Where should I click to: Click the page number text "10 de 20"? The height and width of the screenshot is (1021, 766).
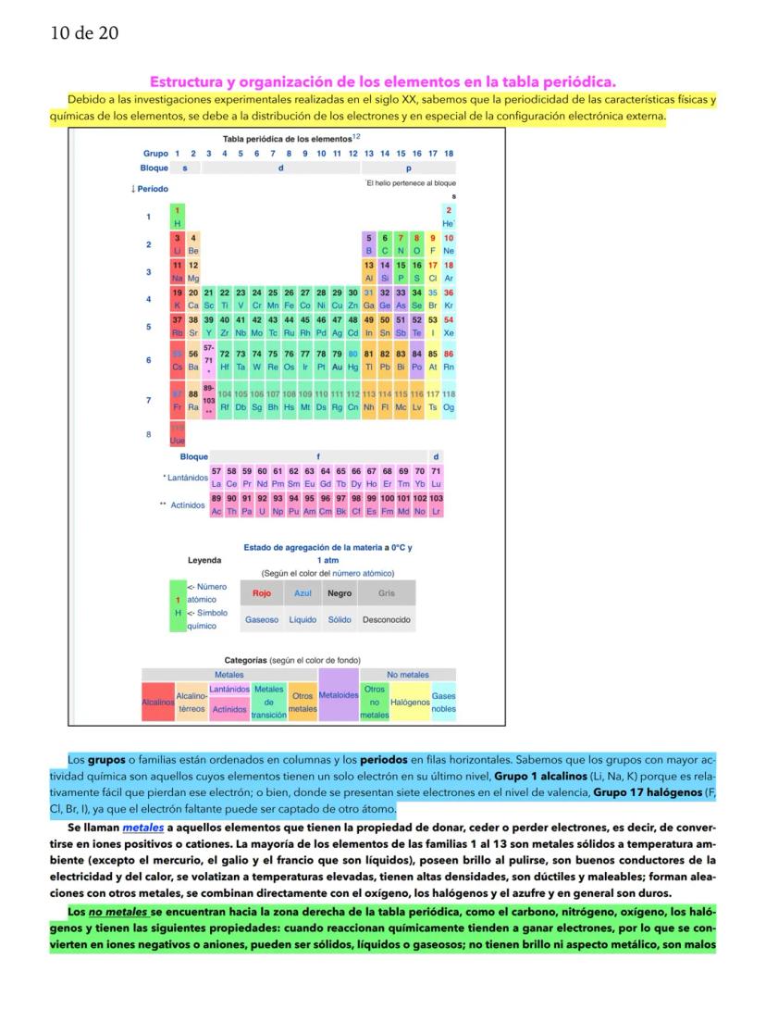click(x=84, y=34)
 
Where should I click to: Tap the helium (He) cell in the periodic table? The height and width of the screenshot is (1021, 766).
click(x=449, y=218)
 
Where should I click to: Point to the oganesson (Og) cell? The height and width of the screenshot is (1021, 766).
click(x=449, y=401)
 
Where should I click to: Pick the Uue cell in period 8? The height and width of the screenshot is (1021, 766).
click(x=177, y=434)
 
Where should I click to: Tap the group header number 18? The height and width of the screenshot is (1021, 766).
click(x=449, y=153)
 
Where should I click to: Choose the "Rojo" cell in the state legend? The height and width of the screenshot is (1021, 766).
click(x=262, y=593)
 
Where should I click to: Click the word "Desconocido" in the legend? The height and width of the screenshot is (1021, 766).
click(x=387, y=619)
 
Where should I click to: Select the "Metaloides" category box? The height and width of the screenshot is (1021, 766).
click(x=338, y=695)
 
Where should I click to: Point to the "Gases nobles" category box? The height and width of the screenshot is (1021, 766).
click(x=443, y=703)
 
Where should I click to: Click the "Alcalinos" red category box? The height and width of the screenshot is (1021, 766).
click(x=158, y=703)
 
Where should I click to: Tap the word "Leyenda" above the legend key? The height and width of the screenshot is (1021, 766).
click(x=204, y=560)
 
